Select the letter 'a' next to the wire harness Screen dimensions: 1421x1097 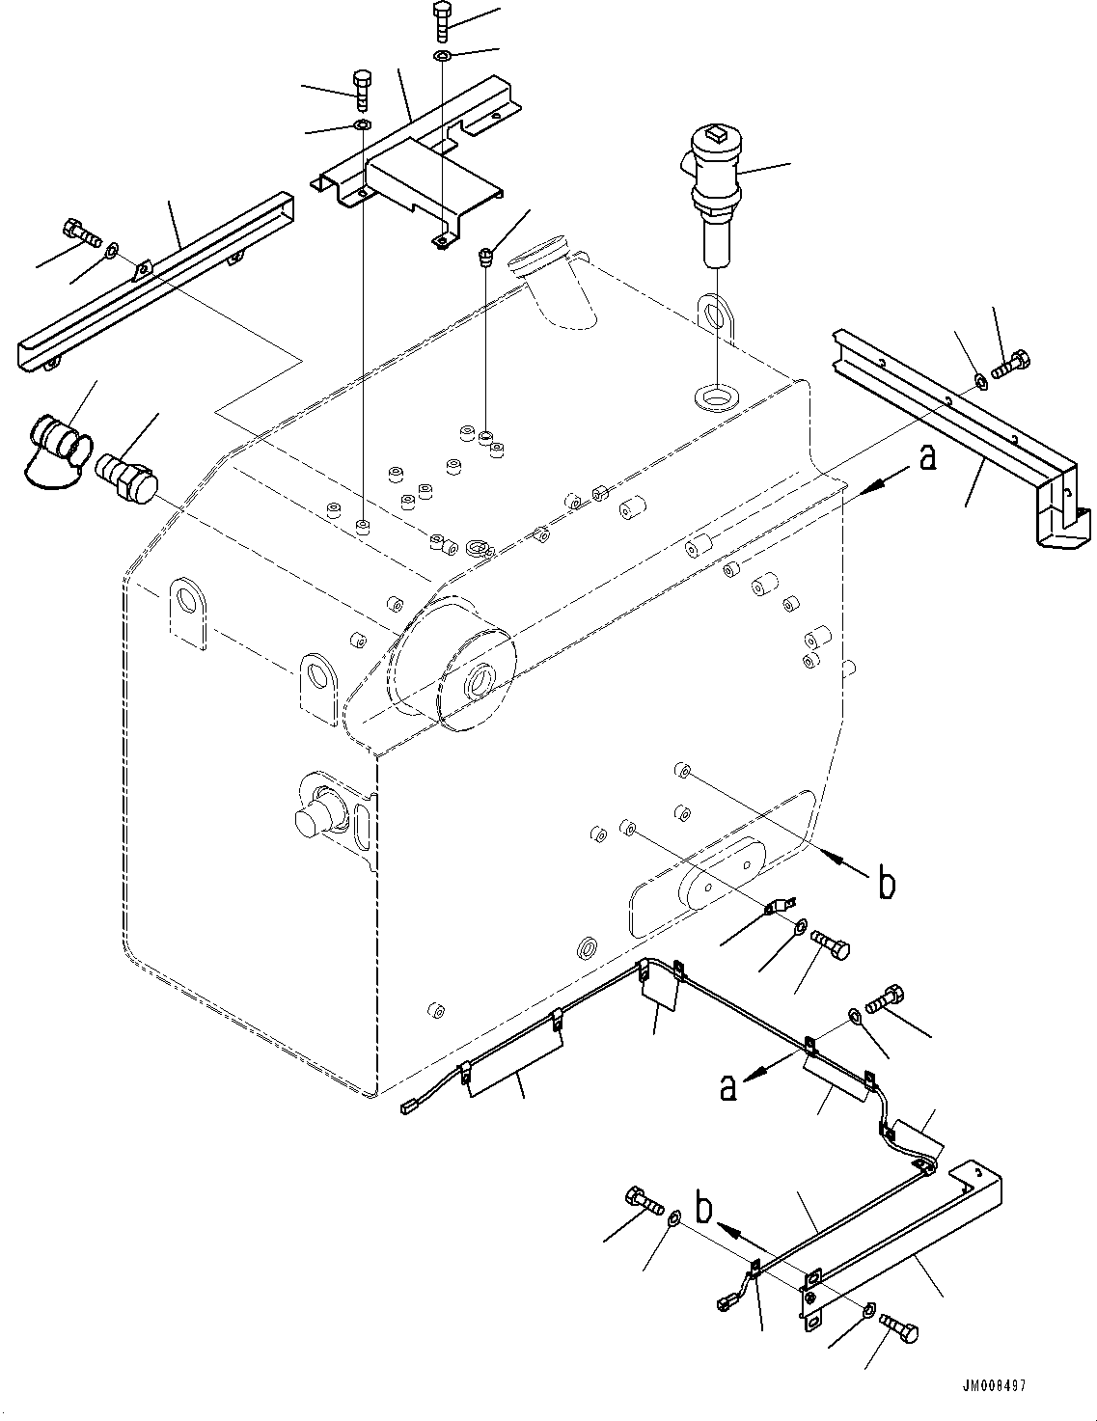coord(727,1087)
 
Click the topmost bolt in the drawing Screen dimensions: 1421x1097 coord(441,20)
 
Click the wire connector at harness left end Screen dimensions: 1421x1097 coord(411,1109)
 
